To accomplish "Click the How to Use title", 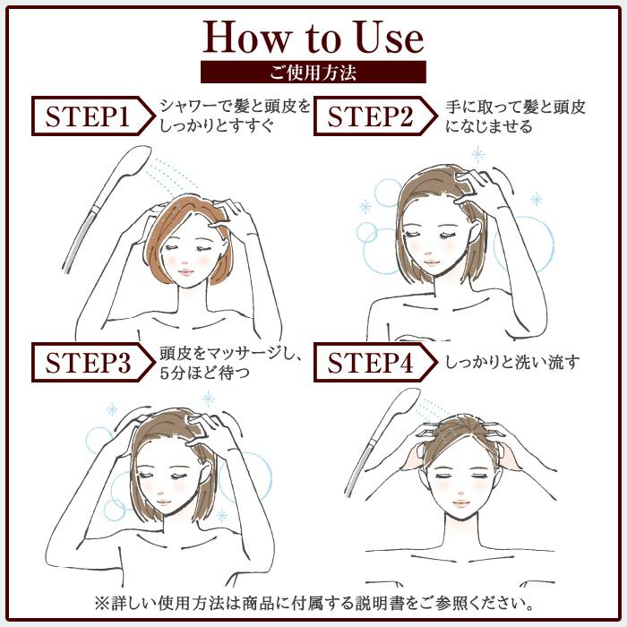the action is click(x=313, y=38).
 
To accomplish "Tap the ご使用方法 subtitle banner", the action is click(x=313, y=72).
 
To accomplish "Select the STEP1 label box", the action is click(x=93, y=116).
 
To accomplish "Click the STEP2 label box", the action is click(x=375, y=116).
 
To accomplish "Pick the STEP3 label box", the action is click(x=93, y=362).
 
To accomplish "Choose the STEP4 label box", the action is click(x=375, y=362).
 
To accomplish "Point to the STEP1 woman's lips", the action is click(x=186, y=272).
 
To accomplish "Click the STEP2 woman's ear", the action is click(x=474, y=233).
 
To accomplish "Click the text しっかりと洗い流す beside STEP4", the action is click(x=512, y=362).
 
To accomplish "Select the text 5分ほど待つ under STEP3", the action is click(x=204, y=373).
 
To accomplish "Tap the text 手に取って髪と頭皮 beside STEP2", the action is click(x=515, y=107).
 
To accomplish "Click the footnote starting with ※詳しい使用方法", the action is click(x=313, y=603).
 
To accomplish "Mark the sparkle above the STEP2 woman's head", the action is click(x=477, y=155).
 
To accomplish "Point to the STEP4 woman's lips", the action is click(x=460, y=503).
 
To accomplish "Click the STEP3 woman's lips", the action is click(x=163, y=502).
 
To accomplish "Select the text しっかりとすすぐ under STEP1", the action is click(x=217, y=126).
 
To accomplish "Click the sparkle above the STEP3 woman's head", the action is click(x=208, y=399).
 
